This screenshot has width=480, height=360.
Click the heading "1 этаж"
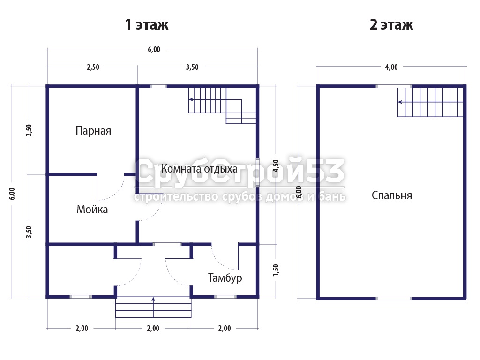click(x=147, y=24)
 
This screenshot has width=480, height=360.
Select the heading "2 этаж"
click(x=391, y=24)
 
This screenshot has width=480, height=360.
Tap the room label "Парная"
click(x=93, y=131)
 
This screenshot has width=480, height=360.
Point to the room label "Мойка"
click(x=92, y=210)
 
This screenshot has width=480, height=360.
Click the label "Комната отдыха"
click(x=199, y=169)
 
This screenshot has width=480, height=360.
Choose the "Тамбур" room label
click(x=225, y=278)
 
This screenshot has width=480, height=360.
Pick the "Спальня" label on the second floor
click(x=392, y=195)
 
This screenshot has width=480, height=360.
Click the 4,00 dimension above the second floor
click(x=391, y=67)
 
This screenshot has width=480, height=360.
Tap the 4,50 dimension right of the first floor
click(x=276, y=165)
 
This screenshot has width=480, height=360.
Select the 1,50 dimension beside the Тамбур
click(x=276, y=270)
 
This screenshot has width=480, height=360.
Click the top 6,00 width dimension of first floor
click(x=154, y=49)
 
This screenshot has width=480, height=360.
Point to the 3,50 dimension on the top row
click(x=192, y=67)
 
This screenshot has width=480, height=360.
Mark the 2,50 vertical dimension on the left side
click(x=29, y=130)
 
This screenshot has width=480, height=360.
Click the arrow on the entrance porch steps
click(x=153, y=307)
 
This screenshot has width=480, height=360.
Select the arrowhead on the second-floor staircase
click(x=400, y=102)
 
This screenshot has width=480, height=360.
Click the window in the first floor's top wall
click(x=158, y=86)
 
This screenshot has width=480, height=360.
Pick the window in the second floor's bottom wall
click(x=394, y=299)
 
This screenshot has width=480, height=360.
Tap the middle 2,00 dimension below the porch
click(x=153, y=328)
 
